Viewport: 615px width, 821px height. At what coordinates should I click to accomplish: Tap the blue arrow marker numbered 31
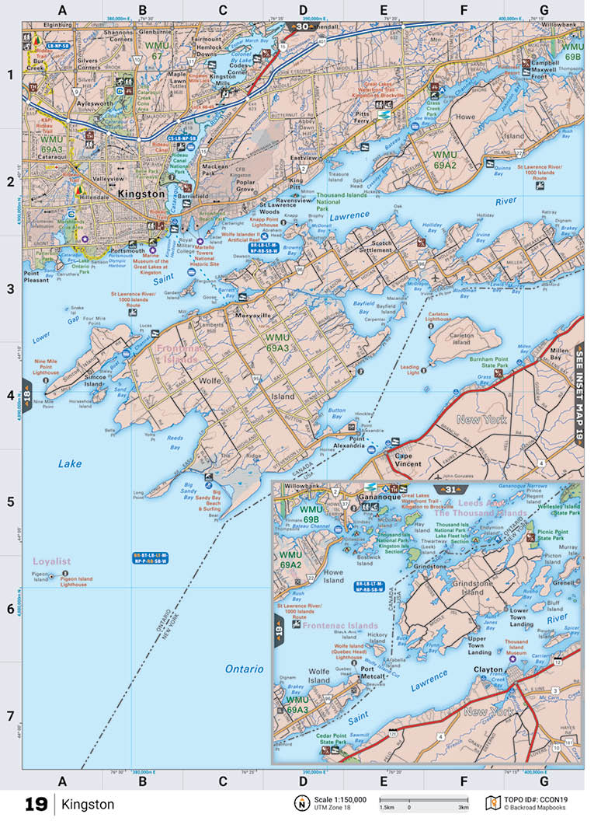point(450,489)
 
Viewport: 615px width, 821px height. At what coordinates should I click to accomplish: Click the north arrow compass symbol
point(299,803)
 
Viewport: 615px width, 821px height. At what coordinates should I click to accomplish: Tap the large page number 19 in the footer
point(36,804)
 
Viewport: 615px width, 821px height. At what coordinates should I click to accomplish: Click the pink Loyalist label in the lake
point(52,561)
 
